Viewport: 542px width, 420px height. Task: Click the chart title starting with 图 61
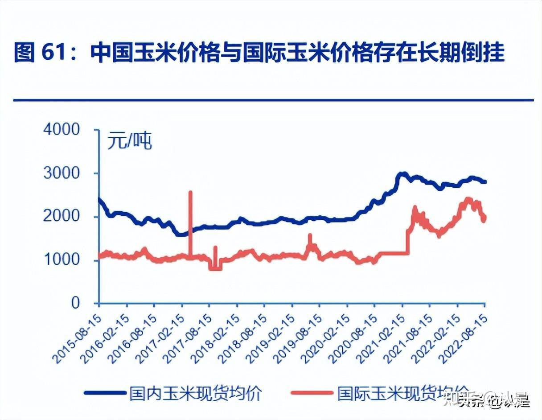[259, 53]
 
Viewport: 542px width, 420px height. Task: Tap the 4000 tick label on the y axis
[62, 130]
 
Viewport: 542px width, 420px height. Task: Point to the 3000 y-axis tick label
[62, 173]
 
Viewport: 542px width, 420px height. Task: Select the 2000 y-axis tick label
[62, 216]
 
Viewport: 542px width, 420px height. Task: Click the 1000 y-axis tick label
[62, 259]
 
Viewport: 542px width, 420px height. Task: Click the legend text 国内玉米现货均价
[195, 393]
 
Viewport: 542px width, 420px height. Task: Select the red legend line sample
[312, 393]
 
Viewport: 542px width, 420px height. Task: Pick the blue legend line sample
[105, 393]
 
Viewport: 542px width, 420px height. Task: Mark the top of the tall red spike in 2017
[190, 192]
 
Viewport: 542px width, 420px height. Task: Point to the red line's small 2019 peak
[310, 235]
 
